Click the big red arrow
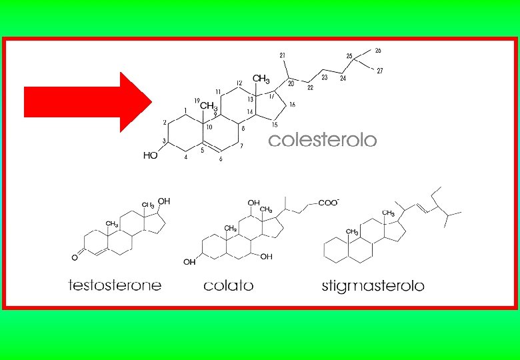tap(87, 102)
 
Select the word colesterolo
tap(322, 141)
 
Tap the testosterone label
tap(115, 285)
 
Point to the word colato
tap(229, 286)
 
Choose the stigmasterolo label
tap(373, 286)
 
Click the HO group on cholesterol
tap(151, 155)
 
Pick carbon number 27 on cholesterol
tap(379, 71)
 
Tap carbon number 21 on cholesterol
tap(283, 55)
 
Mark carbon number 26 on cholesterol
tap(378, 51)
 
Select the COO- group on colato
tap(329, 202)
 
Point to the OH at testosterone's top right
tap(164, 201)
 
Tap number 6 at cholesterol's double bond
tap(221, 159)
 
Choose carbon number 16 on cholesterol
tap(292, 105)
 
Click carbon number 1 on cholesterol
tap(185, 110)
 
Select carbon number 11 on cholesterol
tap(218, 91)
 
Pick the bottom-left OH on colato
tap(190, 262)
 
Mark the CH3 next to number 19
tap(209, 105)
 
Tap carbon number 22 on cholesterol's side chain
tap(310, 87)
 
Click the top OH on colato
tap(253, 202)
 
